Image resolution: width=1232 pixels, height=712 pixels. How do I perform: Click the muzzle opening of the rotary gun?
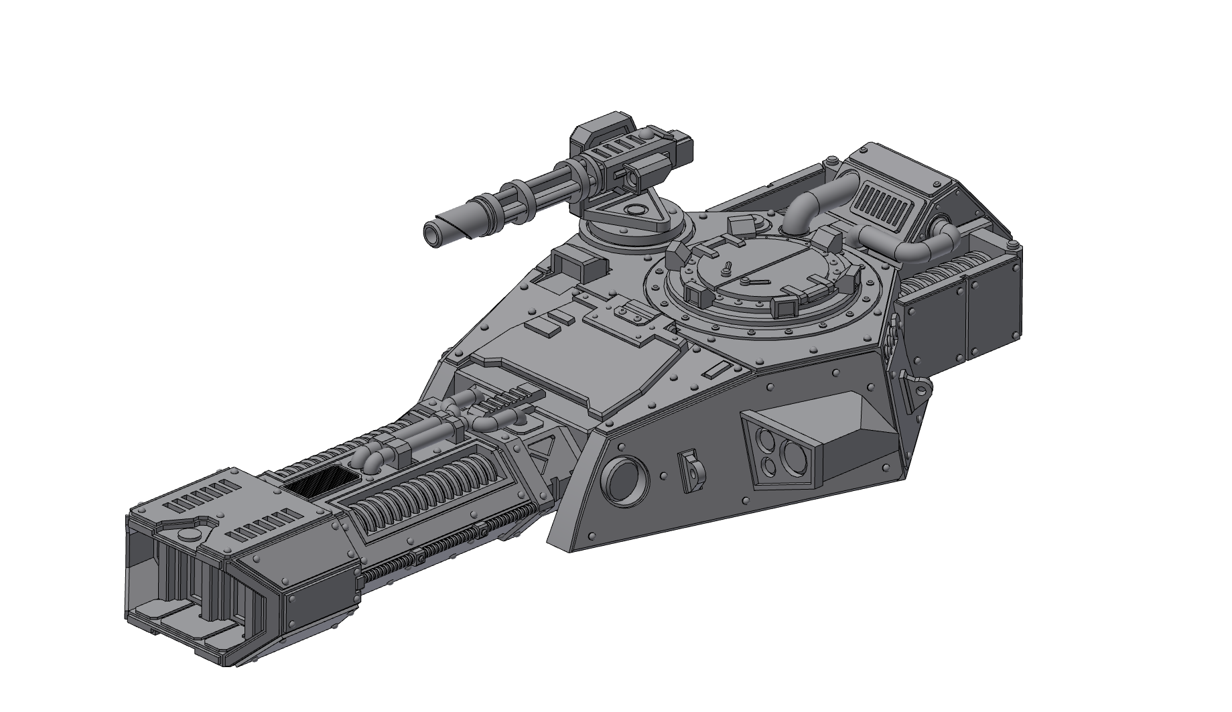(430, 234)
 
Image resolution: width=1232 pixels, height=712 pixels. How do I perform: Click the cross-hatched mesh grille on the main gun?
(321, 482)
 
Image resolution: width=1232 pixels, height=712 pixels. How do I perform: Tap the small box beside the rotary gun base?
(575, 265)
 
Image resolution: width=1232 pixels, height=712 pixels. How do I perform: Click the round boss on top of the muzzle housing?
(190, 534)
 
